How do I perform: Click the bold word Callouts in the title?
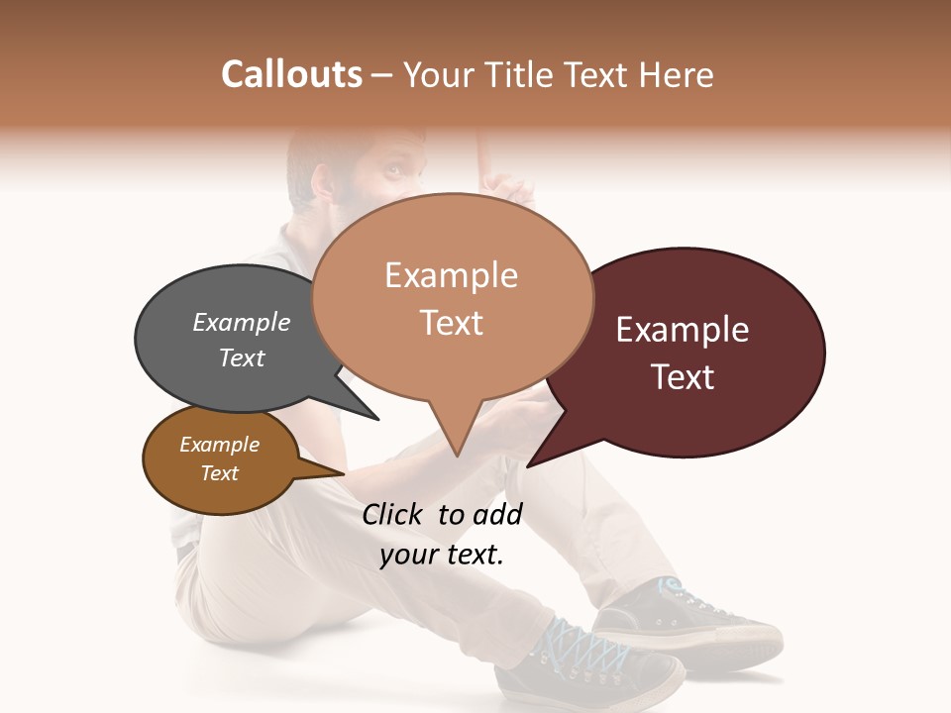[291, 74]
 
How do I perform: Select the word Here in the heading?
[674, 75]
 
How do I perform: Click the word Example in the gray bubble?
[242, 323]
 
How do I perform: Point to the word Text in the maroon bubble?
[684, 377]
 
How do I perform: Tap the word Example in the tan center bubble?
[452, 275]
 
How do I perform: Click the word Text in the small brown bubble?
[220, 473]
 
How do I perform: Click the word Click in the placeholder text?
[394, 514]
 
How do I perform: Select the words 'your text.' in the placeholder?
[442, 556]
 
